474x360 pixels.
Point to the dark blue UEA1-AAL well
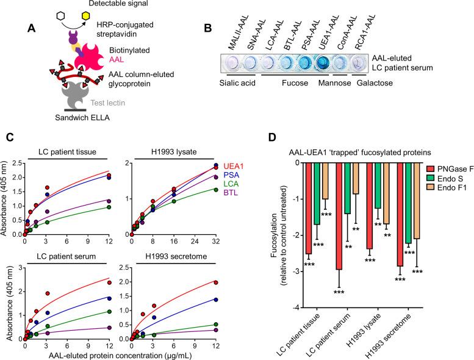pyautogui.click(x=332, y=63)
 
